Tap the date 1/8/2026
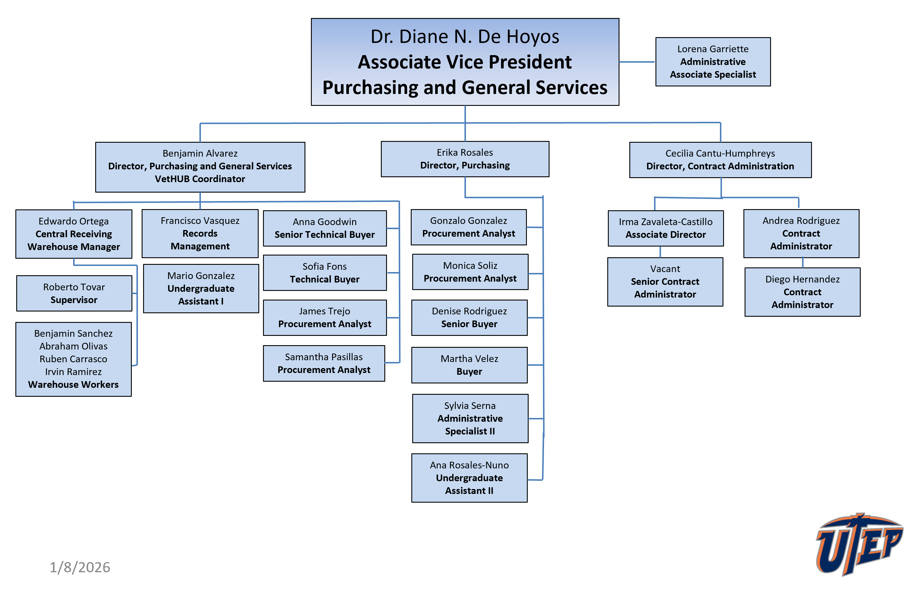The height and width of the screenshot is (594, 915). point(80,567)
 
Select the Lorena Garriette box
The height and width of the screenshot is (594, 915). point(713,62)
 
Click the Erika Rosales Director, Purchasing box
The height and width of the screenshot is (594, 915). point(465,159)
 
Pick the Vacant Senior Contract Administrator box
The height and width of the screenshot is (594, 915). point(665,282)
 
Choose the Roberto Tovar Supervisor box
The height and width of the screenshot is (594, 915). point(74,293)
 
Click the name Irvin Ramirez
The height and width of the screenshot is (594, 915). point(73,372)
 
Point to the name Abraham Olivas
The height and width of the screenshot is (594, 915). point(73,346)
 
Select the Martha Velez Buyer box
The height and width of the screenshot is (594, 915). point(469,365)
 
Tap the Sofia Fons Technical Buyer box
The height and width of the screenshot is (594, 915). point(325,273)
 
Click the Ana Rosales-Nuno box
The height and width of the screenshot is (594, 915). point(469,478)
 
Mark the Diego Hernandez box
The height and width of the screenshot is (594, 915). point(802,292)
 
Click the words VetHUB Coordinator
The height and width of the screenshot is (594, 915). point(200,179)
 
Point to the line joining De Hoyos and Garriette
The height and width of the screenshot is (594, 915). point(637,62)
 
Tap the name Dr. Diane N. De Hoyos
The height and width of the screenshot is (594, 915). point(465,37)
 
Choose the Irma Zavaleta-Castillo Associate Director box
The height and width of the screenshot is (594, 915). point(665,228)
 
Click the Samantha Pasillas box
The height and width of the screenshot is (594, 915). point(324,363)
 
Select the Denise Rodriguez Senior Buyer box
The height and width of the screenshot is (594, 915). point(469,318)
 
